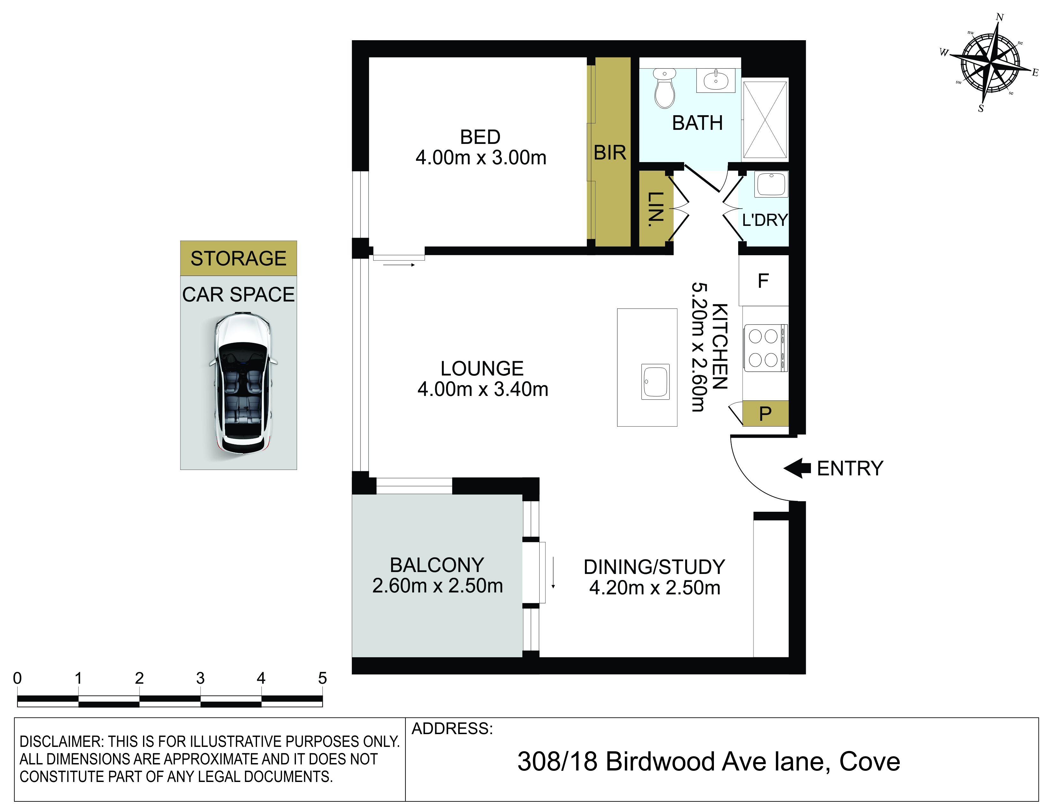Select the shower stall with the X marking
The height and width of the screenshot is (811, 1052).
tap(765, 119)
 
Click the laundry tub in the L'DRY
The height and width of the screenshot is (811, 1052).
tap(771, 184)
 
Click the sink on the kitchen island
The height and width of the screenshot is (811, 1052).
tap(655, 382)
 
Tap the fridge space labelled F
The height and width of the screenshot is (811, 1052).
tap(763, 281)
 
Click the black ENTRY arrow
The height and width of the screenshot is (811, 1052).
tap(797, 468)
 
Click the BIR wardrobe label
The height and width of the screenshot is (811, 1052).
tap(610, 153)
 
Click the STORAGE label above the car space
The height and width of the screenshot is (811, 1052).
tap(238, 258)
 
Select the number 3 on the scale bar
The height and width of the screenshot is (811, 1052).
tap(201, 678)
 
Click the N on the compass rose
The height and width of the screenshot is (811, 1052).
tap(1000, 17)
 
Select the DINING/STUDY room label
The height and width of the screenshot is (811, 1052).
tap(654, 567)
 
